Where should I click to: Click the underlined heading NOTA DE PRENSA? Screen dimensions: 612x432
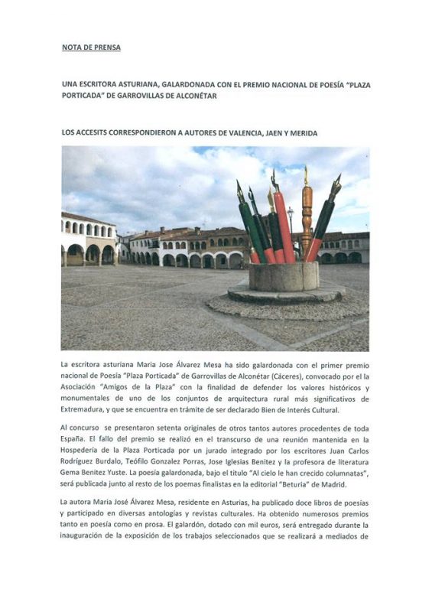[x=91, y=47]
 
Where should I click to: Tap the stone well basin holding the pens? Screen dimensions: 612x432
[x=284, y=277]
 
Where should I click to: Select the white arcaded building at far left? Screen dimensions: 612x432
[x=87, y=242]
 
